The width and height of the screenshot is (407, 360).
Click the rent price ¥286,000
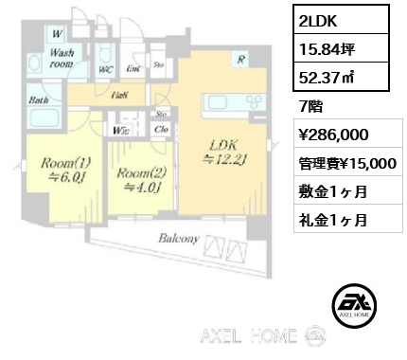(x=327, y=136)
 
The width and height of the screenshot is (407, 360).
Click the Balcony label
(x=178, y=240)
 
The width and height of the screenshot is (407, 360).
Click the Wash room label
(x=64, y=59)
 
